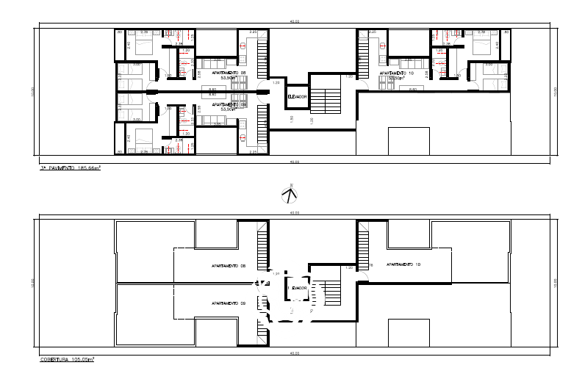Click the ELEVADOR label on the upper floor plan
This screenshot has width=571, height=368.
[x=297, y=96]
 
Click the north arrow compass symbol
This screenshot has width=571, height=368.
[x=292, y=194]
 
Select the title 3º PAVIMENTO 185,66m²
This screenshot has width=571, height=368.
[x=71, y=168]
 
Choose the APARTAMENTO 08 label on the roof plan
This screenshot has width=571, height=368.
[x=227, y=266]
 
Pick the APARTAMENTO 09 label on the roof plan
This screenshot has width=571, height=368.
[x=227, y=303]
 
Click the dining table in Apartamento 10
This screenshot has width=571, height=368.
[x=412, y=82]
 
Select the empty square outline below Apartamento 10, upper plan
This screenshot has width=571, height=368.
[x=407, y=141]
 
